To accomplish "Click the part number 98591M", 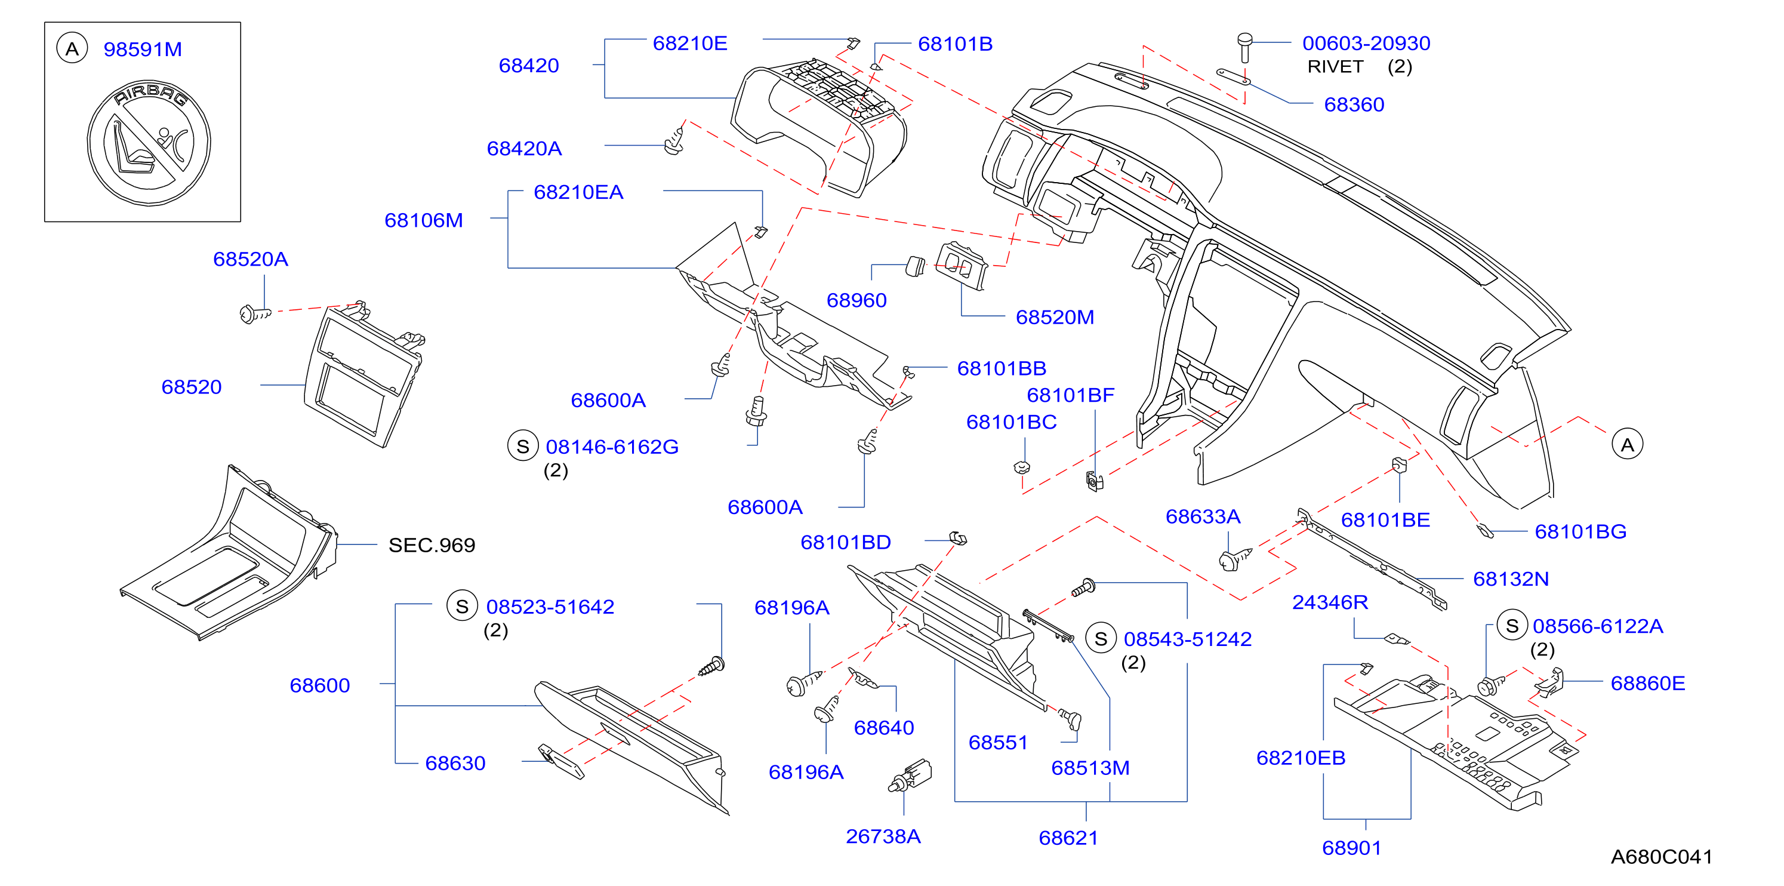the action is point(143,49).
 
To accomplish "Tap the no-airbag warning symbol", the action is point(149,143).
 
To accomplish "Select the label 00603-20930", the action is point(1366,43).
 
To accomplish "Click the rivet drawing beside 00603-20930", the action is point(1244,47).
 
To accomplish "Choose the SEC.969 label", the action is point(432,545).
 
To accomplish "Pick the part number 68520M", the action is point(1054,317).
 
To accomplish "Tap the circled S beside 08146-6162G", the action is point(523,446).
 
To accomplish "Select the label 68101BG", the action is point(1580,531).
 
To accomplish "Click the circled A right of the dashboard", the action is point(1627,444).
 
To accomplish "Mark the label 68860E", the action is point(1647,683).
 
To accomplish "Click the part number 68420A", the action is point(524,148).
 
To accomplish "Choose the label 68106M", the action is point(423,220).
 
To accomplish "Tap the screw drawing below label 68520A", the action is point(254,315).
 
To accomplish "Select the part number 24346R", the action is point(1330,602).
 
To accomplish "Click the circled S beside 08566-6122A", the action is point(1512,626).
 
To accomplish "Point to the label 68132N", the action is point(1511,579).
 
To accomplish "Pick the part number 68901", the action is point(1351,847).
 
